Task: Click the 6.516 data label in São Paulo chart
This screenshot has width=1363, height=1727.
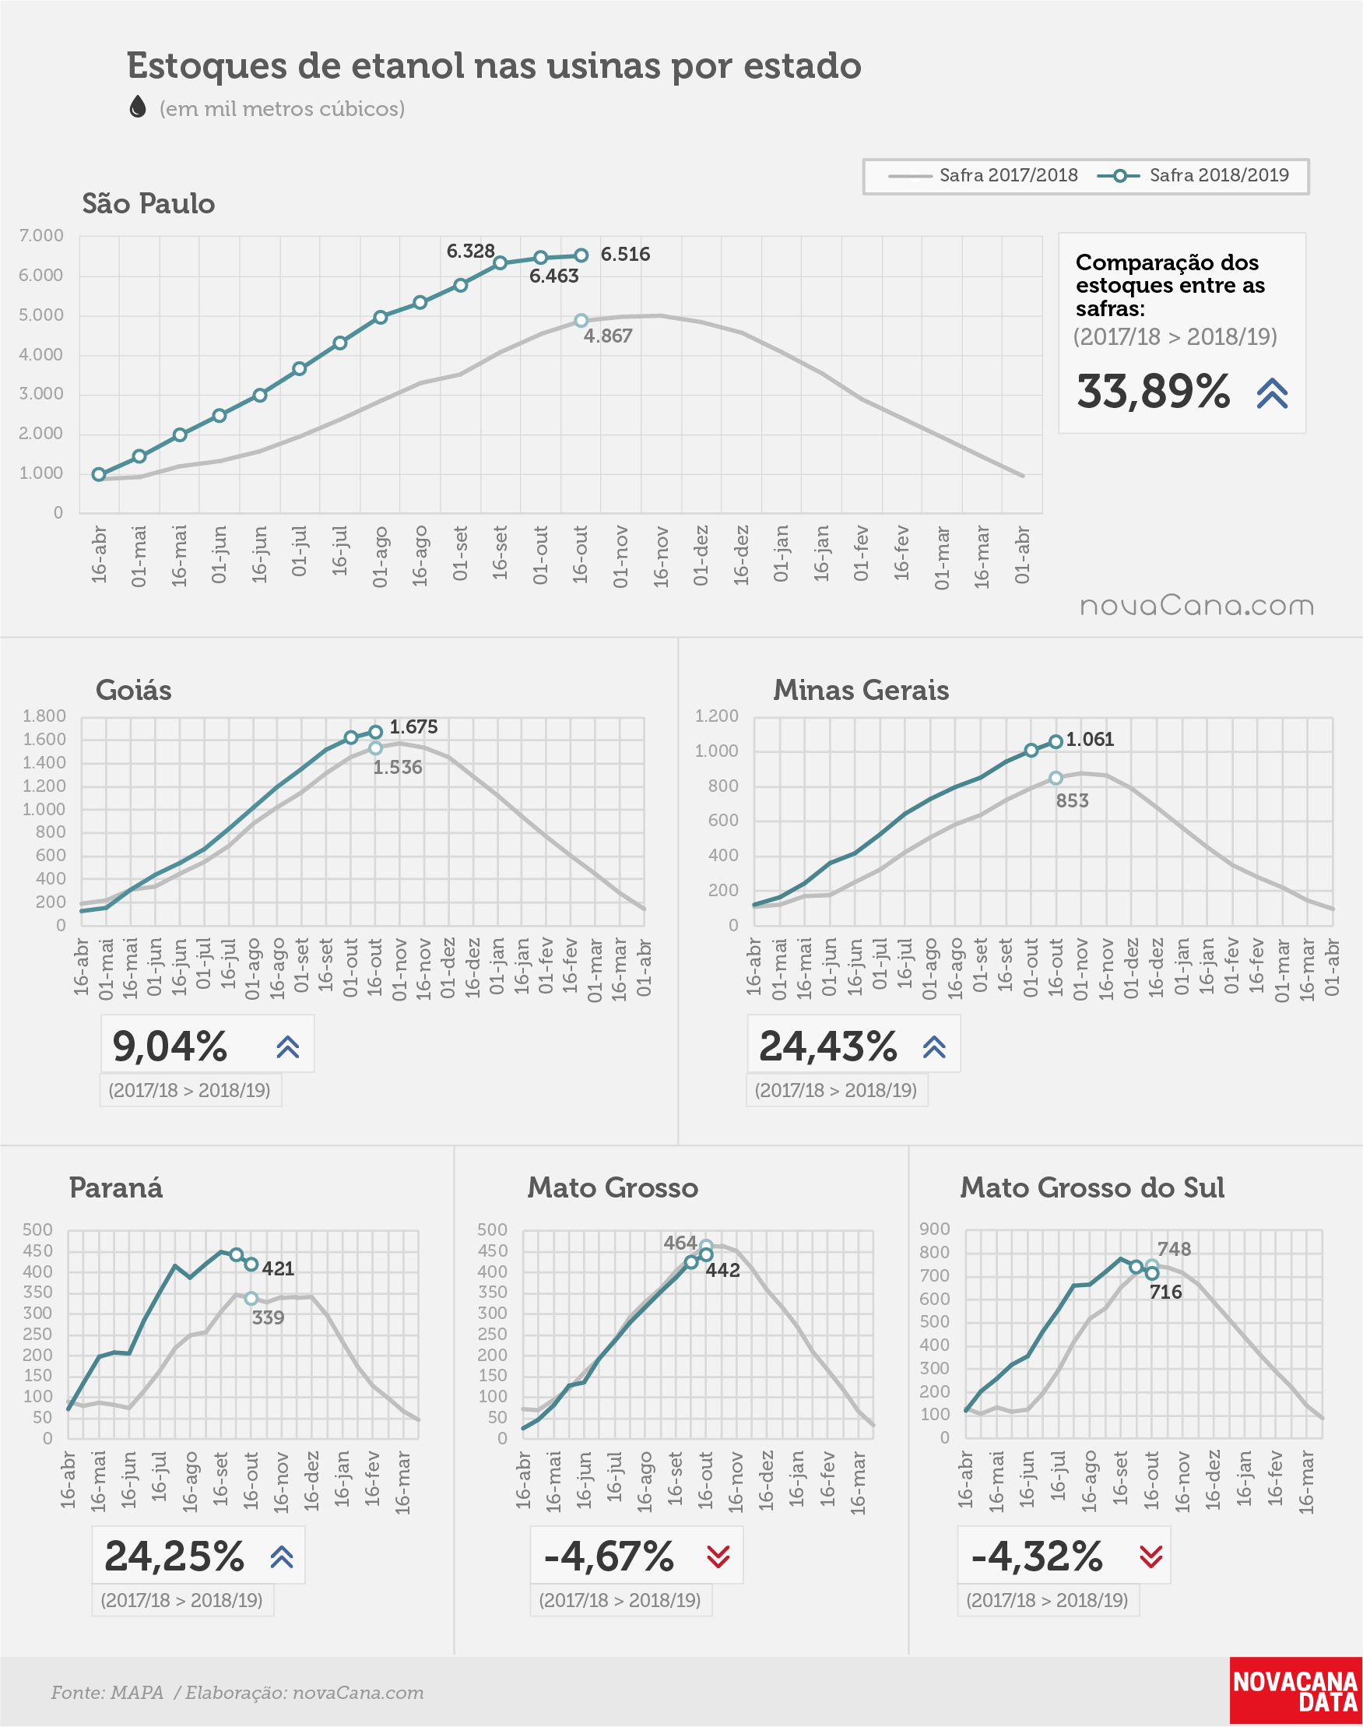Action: point(625,254)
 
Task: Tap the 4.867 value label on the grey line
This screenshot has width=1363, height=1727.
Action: point(607,336)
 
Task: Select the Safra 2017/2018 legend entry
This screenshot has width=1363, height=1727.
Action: point(982,175)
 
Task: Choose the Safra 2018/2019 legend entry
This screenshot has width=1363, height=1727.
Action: point(1193,175)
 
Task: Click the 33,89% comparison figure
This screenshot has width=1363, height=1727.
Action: point(1153,391)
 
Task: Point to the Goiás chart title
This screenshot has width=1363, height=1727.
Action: point(133,691)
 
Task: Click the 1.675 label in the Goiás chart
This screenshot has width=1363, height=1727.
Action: point(413,727)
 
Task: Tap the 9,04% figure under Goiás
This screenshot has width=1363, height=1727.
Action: point(170,1046)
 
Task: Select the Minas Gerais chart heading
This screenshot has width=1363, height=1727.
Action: point(861,691)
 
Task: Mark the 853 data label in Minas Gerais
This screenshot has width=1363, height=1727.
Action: point(1072,800)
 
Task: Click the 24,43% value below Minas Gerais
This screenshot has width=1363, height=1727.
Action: point(828,1046)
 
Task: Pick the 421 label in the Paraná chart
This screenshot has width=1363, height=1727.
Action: point(278,1269)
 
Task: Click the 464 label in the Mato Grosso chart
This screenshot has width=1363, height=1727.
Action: point(680,1243)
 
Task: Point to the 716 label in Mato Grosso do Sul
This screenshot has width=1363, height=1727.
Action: point(1165,1292)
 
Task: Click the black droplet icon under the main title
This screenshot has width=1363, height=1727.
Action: point(138,106)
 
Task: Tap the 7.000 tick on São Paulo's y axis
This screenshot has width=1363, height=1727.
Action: point(41,235)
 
